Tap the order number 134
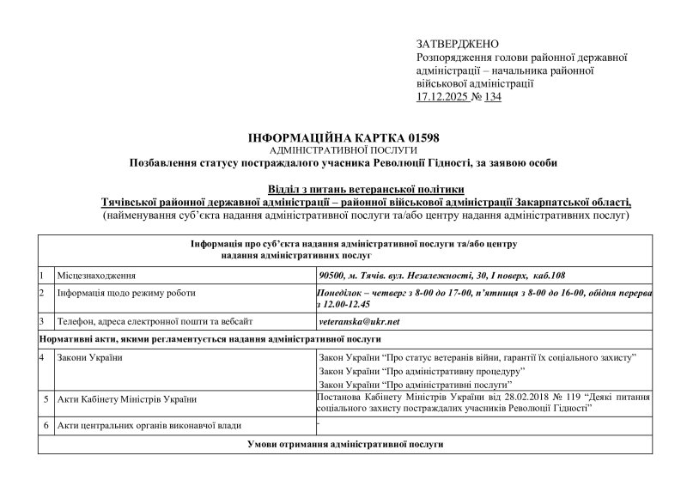[x=491, y=97]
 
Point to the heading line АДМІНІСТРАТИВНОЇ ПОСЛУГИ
[x=343, y=149]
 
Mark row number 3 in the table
[x=42, y=321]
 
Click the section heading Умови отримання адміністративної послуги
[x=344, y=447]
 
